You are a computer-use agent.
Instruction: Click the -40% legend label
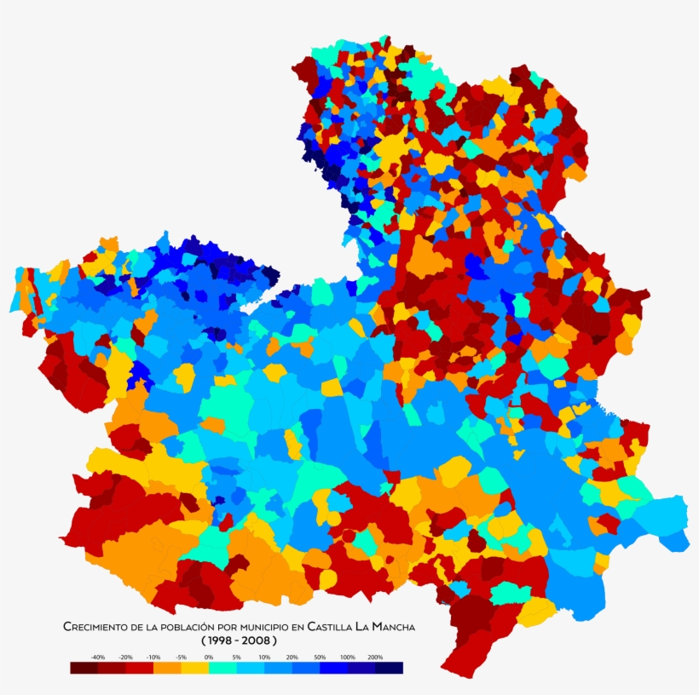[x=98, y=658]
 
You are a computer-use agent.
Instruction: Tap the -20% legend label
[x=125, y=658]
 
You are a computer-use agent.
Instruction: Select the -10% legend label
[x=153, y=658]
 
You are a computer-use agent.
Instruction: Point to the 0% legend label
[x=209, y=658]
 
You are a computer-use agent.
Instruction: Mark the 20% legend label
[x=292, y=658]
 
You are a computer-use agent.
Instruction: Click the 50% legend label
[x=320, y=658]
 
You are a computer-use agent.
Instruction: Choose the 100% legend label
[x=347, y=658]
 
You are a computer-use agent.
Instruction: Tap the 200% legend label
[x=375, y=658]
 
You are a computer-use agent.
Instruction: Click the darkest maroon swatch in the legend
[x=84, y=669]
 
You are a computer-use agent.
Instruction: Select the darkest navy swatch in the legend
[x=389, y=669]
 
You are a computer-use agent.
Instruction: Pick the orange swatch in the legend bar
[x=167, y=669]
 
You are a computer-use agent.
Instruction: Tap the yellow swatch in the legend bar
[x=195, y=669]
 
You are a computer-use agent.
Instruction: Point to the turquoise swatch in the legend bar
[x=222, y=669]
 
